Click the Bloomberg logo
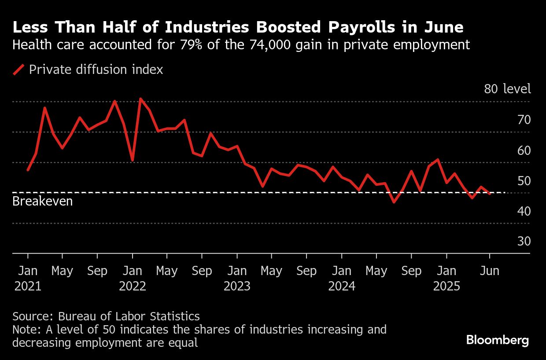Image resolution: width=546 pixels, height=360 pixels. pyautogui.click(x=498, y=340)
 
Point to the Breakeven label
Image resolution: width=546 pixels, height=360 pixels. pyautogui.click(x=42, y=202)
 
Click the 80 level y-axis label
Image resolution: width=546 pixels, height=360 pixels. pyautogui.click(x=507, y=89)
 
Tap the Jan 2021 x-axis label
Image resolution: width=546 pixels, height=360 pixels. pyautogui.click(x=28, y=278)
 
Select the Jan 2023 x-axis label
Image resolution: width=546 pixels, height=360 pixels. pyautogui.click(x=237, y=278)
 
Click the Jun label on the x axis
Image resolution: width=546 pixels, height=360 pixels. pyautogui.click(x=490, y=271)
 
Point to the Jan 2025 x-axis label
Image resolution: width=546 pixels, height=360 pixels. pyautogui.click(x=446, y=278)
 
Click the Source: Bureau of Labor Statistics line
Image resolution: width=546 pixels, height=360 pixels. pyautogui.click(x=106, y=316)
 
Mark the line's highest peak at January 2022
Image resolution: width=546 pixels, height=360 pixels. pyautogui.click(x=140, y=99)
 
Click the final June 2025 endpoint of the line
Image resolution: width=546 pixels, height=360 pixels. pyautogui.click(x=490, y=194)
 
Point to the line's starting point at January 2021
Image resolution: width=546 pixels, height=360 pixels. pyautogui.click(x=28, y=170)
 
